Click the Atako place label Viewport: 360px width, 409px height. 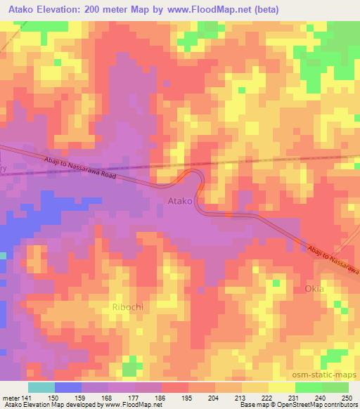[180, 202]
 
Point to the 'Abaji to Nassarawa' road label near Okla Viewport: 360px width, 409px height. [331, 258]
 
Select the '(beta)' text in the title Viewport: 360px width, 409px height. [264, 10]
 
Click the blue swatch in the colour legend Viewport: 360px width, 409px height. [68, 387]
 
